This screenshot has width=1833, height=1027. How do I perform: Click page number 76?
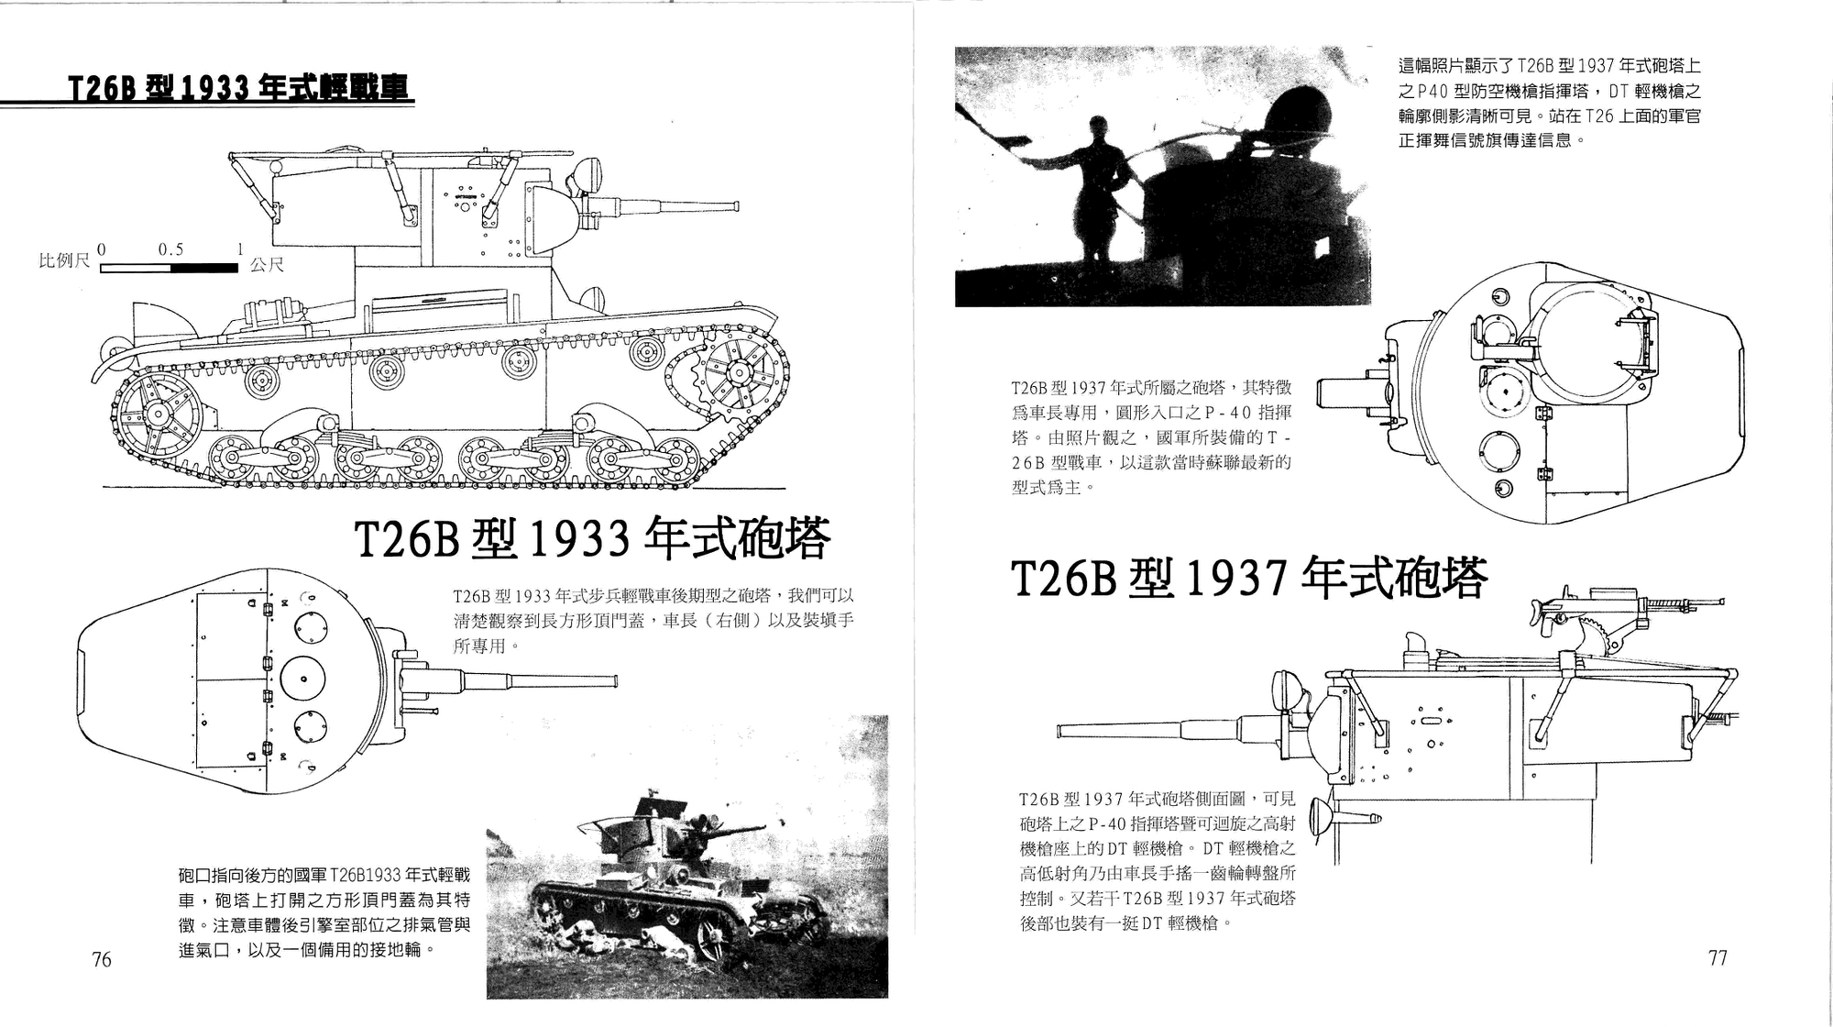102,959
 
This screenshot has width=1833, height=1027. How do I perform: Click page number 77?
1718,957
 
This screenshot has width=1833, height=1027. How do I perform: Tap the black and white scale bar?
170,269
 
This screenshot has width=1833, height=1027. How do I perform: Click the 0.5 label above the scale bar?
170,249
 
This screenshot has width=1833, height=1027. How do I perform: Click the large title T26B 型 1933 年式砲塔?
591,540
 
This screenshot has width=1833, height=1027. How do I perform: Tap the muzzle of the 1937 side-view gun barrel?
1063,731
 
